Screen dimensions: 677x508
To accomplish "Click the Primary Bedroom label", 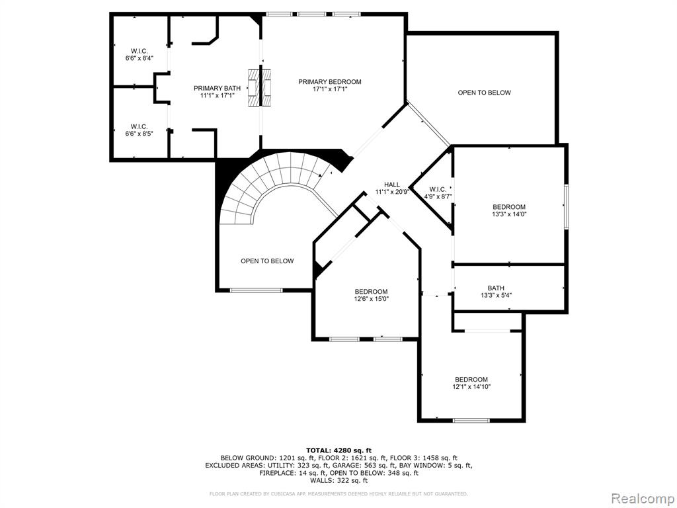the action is pos(330,81).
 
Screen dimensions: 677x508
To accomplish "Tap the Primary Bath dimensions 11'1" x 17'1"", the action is pos(217,96).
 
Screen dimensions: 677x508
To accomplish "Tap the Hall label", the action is pos(392,185).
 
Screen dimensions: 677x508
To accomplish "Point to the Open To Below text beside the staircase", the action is pos(267,261).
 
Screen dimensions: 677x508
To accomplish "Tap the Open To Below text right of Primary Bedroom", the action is pos(485,93).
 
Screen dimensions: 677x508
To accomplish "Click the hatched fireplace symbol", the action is pos(260,87).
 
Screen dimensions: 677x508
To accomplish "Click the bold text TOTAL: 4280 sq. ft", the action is pos(339,450).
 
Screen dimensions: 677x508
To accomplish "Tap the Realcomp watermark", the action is pos(642,499).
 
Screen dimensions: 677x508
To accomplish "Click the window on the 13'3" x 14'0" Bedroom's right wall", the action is pos(567,206).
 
